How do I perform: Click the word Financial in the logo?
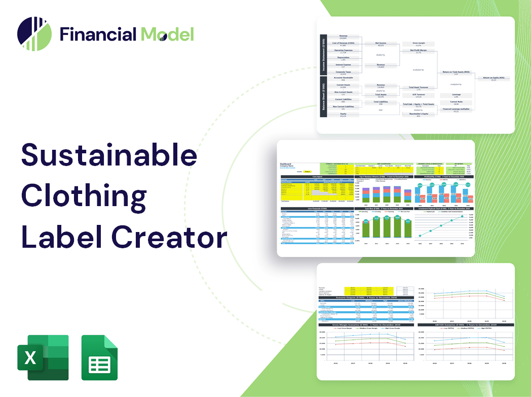(x=98, y=34)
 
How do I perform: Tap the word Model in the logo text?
(x=167, y=34)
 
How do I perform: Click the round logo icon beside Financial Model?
(x=34, y=34)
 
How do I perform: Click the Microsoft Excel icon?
(x=43, y=357)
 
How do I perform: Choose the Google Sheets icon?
(x=99, y=357)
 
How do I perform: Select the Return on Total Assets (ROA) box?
(x=456, y=73)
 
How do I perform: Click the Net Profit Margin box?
(x=418, y=51)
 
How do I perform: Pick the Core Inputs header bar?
(x=317, y=177)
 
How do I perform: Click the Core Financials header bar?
(x=317, y=208)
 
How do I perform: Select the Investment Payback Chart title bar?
(x=444, y=208)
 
